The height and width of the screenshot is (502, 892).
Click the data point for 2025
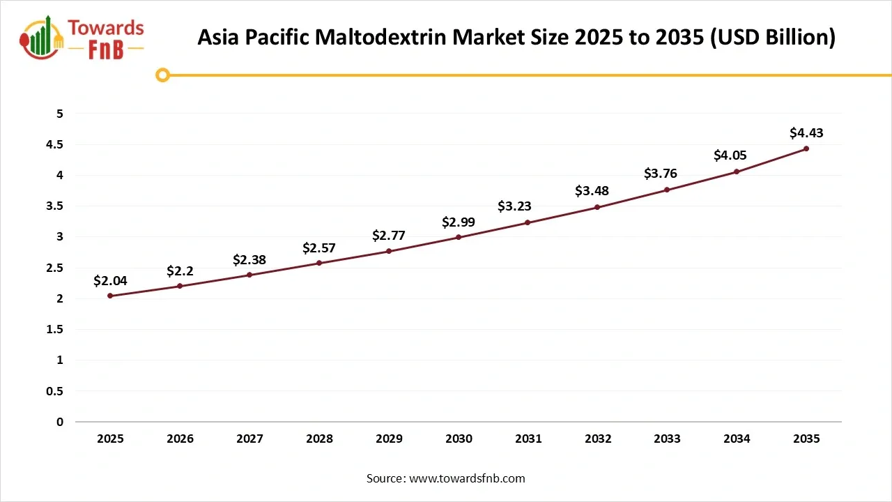(110, 296)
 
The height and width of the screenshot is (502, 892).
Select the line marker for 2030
(459, 237)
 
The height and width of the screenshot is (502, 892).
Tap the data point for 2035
(806, 149)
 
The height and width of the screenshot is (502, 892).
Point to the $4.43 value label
(806, 132)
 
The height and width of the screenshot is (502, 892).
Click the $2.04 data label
(110, 280)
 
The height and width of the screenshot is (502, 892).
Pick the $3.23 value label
(514, 206)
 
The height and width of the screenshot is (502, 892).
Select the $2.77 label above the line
(389, 236)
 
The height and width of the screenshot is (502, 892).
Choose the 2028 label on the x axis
(319, 439)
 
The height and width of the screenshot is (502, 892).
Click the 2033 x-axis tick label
(667, 439)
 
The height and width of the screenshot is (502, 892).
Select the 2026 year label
(180, 439)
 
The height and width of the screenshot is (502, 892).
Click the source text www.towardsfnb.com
(467, 478)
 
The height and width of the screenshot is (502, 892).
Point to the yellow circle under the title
(162, 75)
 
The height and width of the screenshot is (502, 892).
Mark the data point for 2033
(667, 190)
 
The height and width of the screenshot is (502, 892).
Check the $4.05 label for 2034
(730, 155)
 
